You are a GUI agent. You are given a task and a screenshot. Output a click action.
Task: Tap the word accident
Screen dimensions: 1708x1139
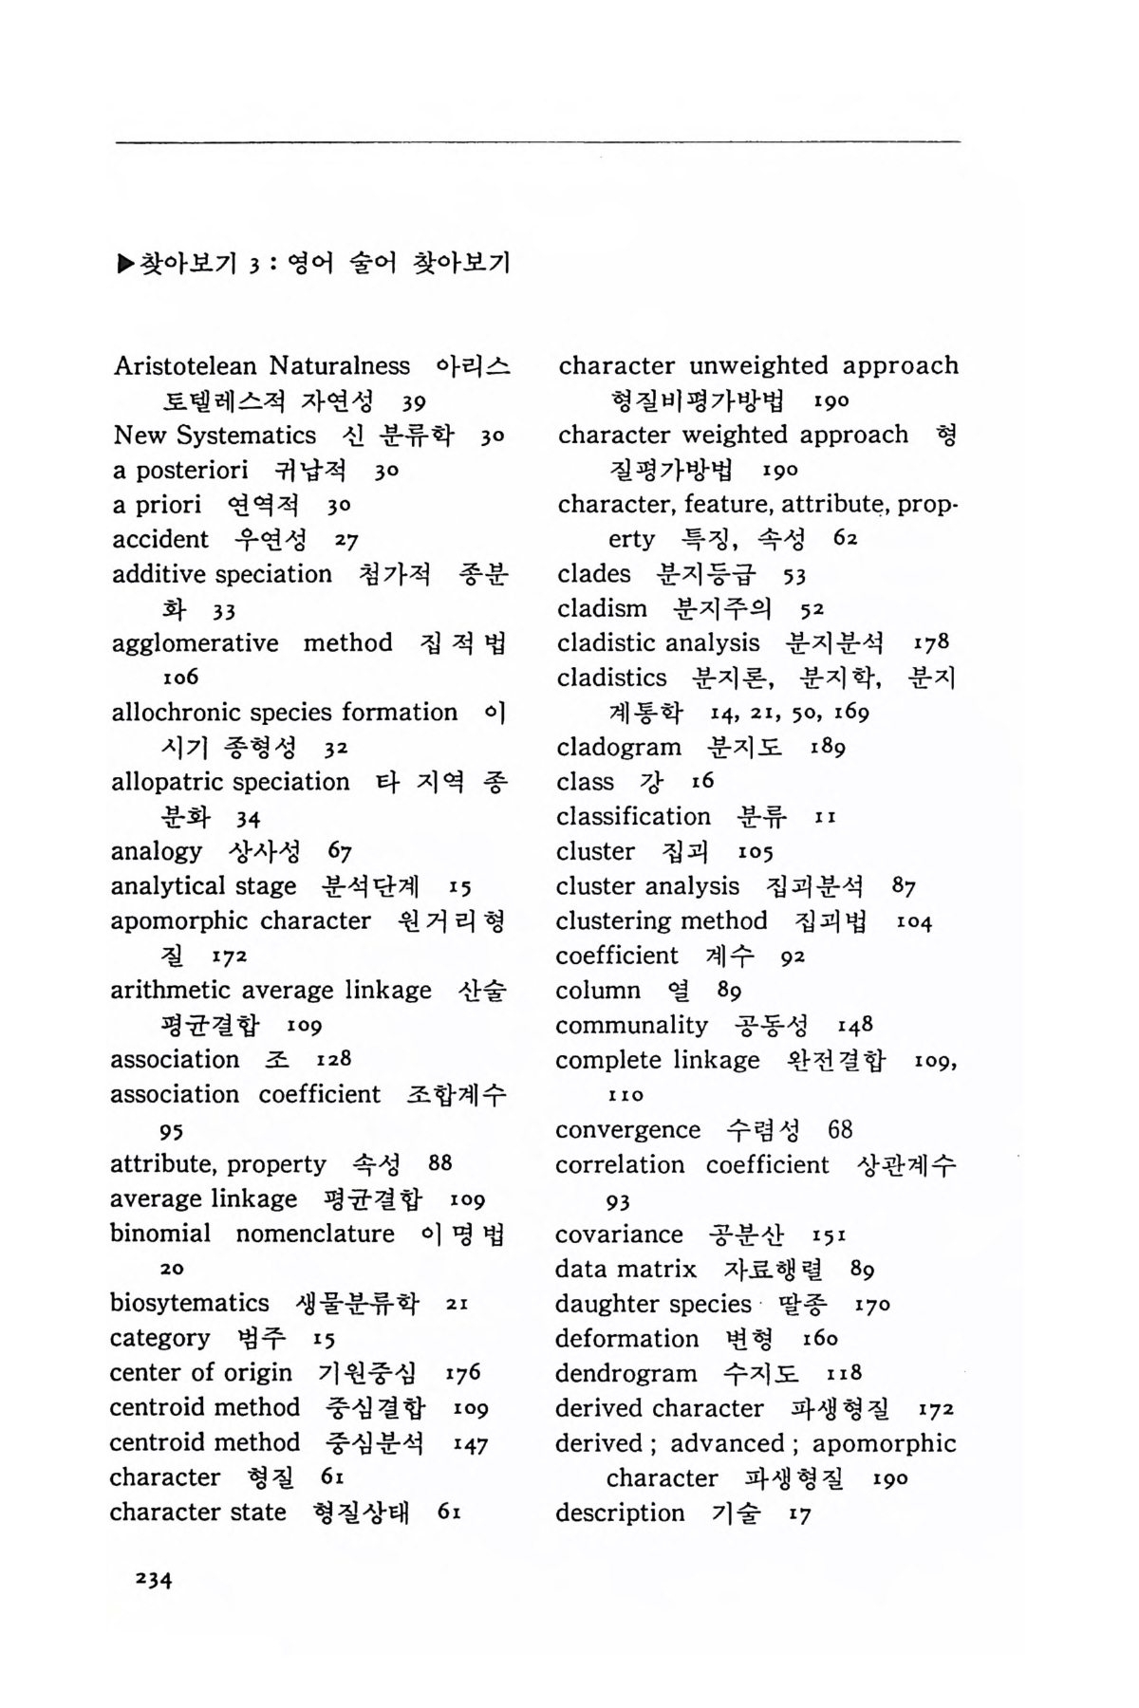click(x=159, y=539)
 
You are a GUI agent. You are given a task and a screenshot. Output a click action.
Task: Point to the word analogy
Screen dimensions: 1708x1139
click(x=156, y=851)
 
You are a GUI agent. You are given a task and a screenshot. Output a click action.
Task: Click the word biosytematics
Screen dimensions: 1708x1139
click(x=189, y=1303)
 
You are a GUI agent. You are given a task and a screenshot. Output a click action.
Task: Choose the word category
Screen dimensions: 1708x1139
click(x=159, y=1338)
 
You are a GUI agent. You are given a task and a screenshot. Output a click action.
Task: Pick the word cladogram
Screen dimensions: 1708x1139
click(x=619, y=747)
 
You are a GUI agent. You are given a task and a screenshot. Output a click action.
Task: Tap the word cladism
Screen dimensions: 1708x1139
click(x=602, y=608)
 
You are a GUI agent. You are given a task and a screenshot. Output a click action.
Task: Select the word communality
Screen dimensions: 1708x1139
click(x=631, y=1025)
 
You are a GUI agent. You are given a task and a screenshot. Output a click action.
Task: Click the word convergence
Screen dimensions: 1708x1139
click(x=627, y=1129)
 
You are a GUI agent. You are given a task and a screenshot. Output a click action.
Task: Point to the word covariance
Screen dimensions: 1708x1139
click(x=619, y=1234)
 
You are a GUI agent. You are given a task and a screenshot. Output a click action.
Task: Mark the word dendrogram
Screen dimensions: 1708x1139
click(x=626, y=1373)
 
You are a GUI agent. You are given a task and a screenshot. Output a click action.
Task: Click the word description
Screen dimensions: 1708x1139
click(x=620, y=1513)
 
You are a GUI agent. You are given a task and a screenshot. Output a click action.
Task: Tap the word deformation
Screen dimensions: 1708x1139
click(x=626, y=1338)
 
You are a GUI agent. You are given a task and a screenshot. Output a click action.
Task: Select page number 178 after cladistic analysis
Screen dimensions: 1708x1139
click(x=931, y=642)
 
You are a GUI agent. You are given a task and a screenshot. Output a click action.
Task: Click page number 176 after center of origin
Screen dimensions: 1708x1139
click(x=462, y=1372)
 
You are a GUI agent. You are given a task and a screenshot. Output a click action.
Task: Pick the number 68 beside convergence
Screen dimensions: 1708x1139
click(x=840, y=1129)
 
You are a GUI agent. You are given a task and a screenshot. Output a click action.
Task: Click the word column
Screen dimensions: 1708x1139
click(x=598, y=990)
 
